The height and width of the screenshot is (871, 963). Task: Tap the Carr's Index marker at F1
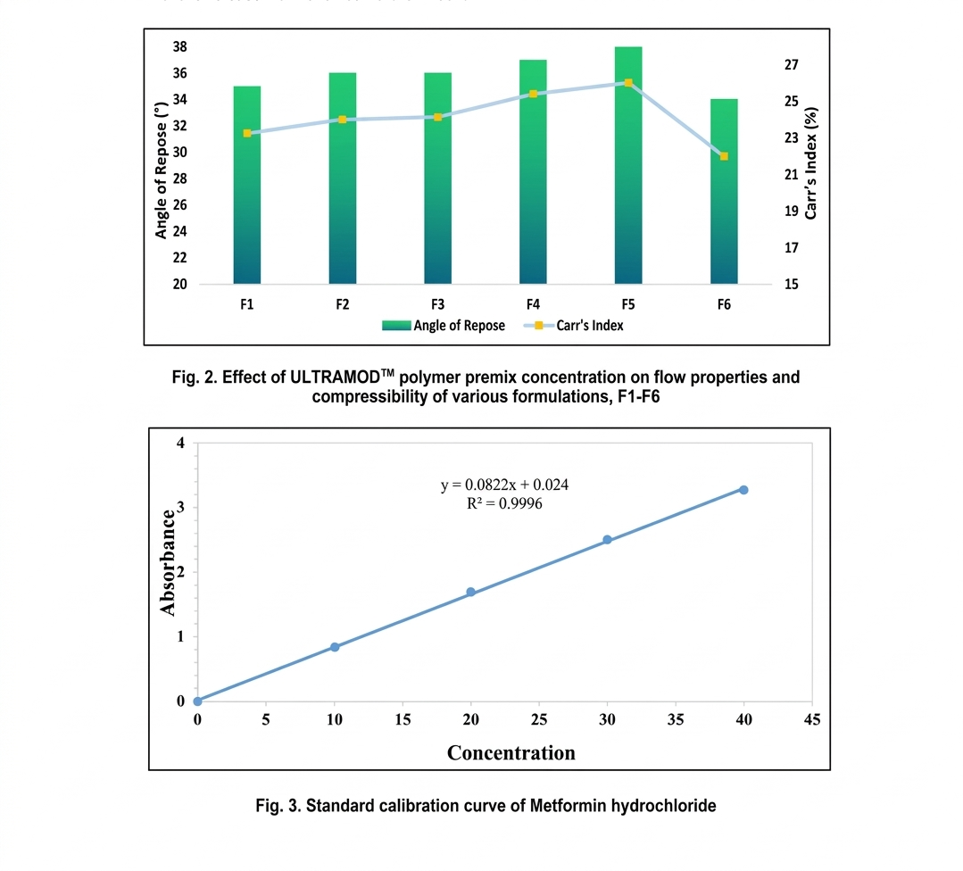[247, 133]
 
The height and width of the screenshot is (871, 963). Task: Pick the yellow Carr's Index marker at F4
[533, 94]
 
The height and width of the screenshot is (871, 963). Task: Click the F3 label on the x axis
[437, 304]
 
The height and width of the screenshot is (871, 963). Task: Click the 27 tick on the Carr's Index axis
[792, 65]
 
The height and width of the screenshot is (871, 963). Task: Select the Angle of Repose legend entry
[444, 326]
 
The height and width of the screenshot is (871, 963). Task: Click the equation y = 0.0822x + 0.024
[505, 485]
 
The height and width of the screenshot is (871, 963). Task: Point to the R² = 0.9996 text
[505, 503]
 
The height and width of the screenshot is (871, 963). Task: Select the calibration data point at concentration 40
[743, 490]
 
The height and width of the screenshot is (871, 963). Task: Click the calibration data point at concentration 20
[470, 593]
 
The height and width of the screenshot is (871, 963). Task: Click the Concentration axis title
[511, 752]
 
